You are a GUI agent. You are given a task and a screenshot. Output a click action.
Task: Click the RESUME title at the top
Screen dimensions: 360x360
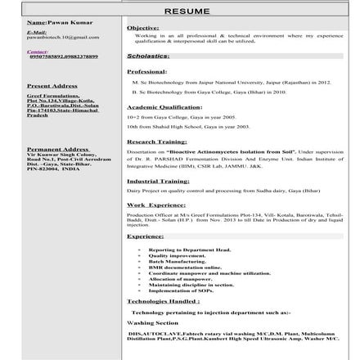point(187,11)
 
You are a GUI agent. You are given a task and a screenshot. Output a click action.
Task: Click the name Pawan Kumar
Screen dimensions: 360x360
point(60,22)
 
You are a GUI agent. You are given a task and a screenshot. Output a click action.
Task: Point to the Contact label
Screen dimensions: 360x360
point(38,51)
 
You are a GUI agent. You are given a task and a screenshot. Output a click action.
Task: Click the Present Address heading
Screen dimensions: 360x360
point(52,85)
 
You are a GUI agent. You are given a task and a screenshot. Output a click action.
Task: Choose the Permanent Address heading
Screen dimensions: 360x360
point(57,149)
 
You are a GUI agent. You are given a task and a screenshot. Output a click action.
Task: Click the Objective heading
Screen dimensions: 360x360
point(143,27)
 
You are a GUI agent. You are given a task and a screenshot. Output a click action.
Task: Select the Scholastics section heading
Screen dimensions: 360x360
point(148,56)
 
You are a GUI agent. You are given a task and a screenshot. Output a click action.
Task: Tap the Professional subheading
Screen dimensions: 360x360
point(147,72)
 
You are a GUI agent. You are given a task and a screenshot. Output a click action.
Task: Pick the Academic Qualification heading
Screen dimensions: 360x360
point(164,107)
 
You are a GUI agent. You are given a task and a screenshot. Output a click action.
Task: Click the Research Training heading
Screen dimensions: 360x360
point(157,142)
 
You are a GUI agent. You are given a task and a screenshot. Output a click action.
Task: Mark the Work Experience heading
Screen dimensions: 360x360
point(156,205)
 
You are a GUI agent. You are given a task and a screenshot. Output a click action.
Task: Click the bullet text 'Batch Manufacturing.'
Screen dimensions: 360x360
point(177,261)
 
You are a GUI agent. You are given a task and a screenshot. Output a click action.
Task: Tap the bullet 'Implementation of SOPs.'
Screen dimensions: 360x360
point(181,290)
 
